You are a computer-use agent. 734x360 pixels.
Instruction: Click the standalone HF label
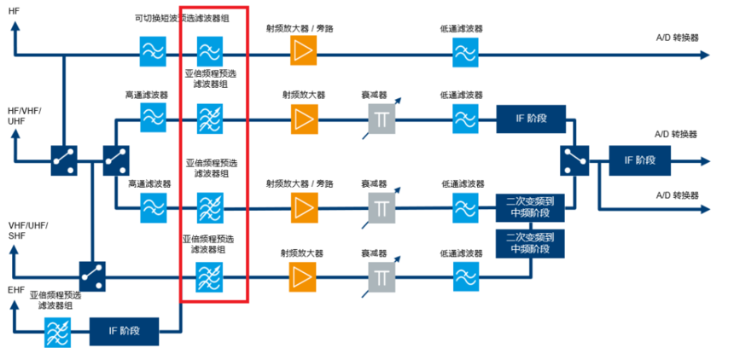(15, 10)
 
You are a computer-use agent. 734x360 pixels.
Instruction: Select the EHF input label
(16, 291)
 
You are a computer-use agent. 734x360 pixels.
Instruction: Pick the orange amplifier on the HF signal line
(302, 53)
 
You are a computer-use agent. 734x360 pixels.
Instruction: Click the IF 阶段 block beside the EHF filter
(125, 330)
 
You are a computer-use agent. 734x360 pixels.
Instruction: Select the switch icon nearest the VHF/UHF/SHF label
(92, 275)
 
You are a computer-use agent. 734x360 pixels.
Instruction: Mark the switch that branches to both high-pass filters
(116, 160)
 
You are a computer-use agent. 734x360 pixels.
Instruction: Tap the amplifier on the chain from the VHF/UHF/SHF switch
(302, 276)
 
